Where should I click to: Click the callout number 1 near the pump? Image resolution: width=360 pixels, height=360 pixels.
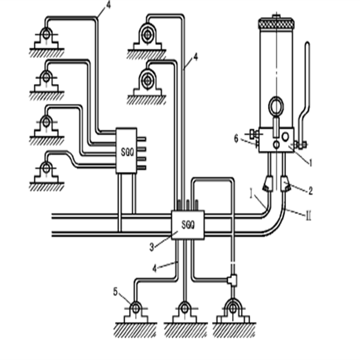coord(310,163)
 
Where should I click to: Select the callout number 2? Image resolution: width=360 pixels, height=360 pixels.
coord(311,191)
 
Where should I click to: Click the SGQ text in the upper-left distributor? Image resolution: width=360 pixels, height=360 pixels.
coord(126,150)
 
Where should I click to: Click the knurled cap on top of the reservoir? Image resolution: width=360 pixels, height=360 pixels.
coord(276,23)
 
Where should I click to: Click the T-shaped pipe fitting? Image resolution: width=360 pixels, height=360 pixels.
coord(232,279)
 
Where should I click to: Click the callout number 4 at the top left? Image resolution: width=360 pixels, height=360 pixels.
coord(108,6)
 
